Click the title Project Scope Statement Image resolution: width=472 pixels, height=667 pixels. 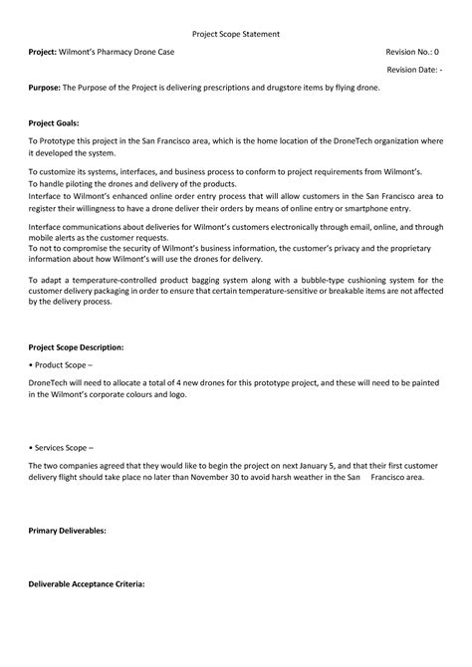235,33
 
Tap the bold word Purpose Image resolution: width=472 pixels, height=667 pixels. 44,88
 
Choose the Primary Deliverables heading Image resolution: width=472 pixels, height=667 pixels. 67,531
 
